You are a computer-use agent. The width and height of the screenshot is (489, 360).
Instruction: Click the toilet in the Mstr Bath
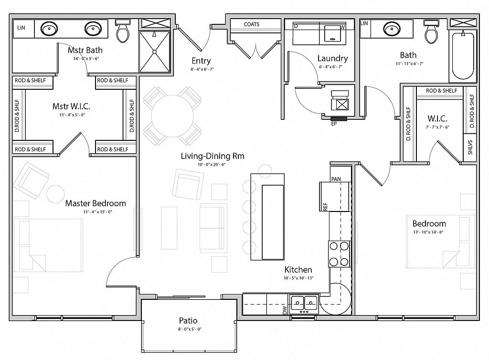(122, 31)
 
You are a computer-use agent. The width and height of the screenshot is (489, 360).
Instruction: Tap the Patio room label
(188, 320)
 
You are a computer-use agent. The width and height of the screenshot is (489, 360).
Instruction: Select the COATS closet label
(252, 24)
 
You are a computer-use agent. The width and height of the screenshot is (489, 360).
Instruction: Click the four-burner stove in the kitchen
(339, 254)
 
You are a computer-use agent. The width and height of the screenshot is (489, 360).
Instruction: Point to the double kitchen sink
(304, 304)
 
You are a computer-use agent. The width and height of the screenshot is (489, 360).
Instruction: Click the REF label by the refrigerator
(325, 207)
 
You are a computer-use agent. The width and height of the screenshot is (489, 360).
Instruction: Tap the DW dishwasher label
(285, 310)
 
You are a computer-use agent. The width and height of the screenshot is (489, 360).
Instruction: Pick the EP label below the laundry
(334, 124)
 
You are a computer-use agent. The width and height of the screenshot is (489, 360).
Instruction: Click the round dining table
(171, 116)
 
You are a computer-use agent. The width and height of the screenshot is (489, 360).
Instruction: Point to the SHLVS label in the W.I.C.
(470, 147)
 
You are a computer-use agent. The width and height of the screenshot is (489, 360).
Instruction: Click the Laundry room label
(332, 58)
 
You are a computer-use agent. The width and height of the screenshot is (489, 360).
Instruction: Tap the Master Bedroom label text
(96, 203)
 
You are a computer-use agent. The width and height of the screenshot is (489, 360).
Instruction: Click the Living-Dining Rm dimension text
(212, 165)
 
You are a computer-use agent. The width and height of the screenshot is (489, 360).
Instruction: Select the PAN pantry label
(336, 179)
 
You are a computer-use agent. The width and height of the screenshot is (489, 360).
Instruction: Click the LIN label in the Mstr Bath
(21, 28)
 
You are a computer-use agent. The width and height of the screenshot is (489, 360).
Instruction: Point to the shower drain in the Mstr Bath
(154, 52)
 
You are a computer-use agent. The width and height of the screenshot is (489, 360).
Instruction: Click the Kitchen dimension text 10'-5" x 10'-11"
(298, 278)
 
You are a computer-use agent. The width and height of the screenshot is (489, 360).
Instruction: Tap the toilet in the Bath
(431, 31)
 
